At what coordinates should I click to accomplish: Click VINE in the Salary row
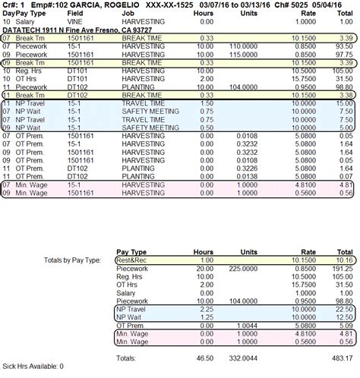[x=75, y=23]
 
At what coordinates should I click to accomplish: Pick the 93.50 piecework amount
[x=344, y=46]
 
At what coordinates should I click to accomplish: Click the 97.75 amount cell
[x=344, y=55]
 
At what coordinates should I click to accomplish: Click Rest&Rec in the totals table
[x=134, y=260]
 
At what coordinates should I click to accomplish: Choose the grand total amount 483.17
[x=341, y=358]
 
